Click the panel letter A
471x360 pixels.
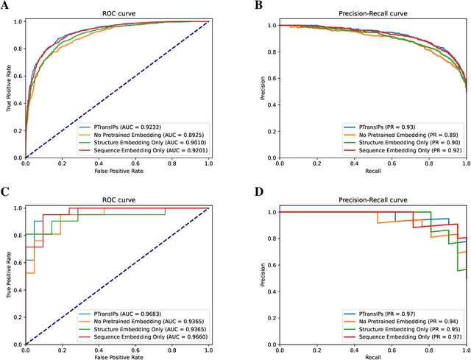6,6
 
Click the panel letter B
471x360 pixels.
258,6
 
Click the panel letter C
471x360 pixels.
6,192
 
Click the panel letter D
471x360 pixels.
258,192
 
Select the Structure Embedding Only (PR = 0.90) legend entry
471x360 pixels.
349,144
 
